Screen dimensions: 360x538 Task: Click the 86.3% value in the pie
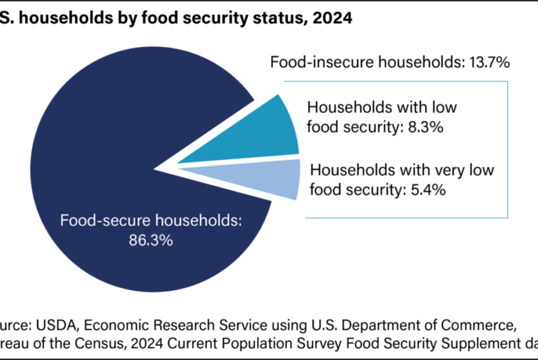[151, 240]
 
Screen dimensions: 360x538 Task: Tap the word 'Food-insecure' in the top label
[315, 62]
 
